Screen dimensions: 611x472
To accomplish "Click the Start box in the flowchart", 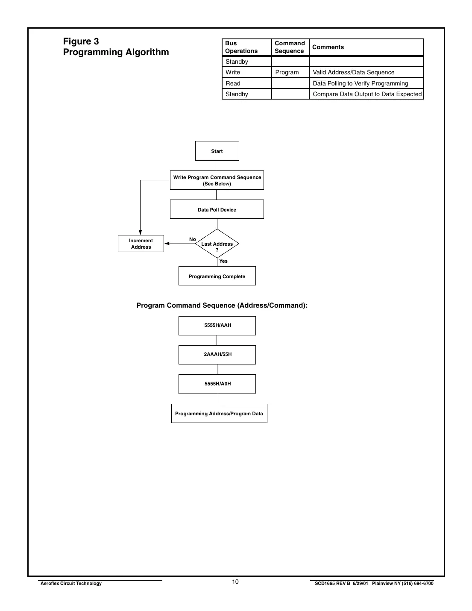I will click(217, 151).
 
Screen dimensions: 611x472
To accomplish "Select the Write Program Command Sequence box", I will click(217, 180).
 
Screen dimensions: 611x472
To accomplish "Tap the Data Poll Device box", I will click(217, 209).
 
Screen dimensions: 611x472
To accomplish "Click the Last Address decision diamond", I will click(217, 244).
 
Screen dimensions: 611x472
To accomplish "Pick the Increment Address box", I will click(141, 244).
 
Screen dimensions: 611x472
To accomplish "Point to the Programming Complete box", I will click(217, 276).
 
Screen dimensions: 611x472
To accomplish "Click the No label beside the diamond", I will click(193, 239).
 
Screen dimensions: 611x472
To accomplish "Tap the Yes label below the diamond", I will click(223, 261).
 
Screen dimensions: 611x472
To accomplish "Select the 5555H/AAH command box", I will click(217, 326).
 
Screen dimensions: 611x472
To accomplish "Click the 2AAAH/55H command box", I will click(217, 355).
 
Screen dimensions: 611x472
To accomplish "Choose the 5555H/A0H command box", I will click(217, 384).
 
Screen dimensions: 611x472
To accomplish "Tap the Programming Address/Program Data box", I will click(219, 414).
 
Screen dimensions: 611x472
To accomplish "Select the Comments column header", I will click(328, 47).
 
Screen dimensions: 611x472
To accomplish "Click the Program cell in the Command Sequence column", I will click(287, 72).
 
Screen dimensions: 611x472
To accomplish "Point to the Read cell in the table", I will click(233, 83).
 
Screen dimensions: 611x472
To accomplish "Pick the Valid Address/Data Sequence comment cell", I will click(354, 72).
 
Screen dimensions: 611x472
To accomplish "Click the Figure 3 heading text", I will click(81, 41).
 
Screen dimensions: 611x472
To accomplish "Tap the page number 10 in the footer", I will click(235, 582).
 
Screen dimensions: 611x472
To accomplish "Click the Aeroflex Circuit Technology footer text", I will click(71, 583).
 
